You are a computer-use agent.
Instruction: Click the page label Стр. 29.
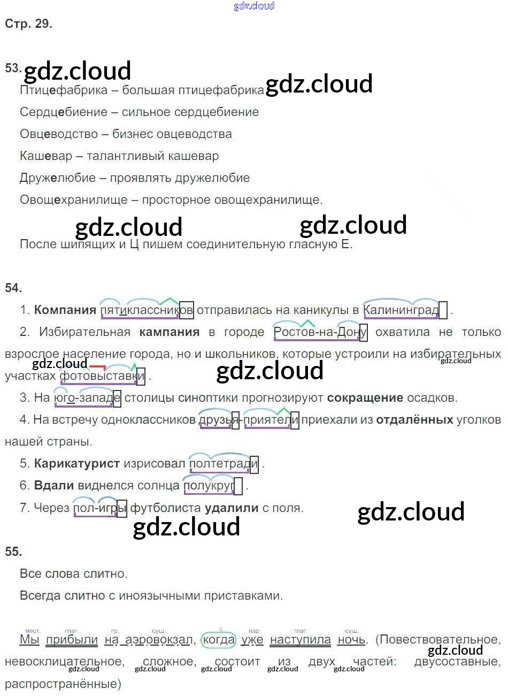click(28, 24)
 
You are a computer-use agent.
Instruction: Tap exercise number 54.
click(13, 288)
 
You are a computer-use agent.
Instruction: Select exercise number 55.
click(13, 552)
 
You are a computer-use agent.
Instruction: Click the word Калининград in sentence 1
click(401, 310)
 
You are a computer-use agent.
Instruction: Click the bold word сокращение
click(365, 398)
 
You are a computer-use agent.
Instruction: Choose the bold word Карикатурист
click(77, 464)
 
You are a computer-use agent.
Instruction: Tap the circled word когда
click(218, 640)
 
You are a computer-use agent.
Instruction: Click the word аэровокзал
click(158, 640)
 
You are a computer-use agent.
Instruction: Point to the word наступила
click(300, 640)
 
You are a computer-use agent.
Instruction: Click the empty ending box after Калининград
click(443, 310)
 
